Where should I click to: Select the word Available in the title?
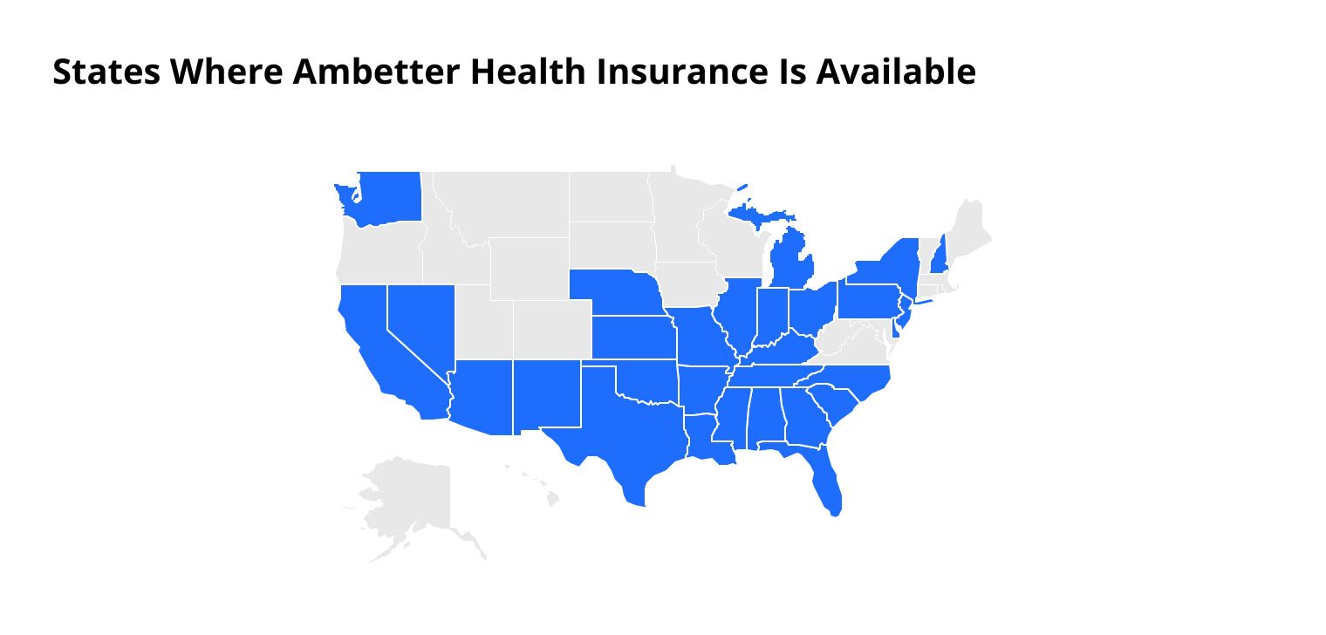[x=896, y=72]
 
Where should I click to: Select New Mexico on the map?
[x=546, y=393]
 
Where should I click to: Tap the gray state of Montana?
[x=506, y=205]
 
